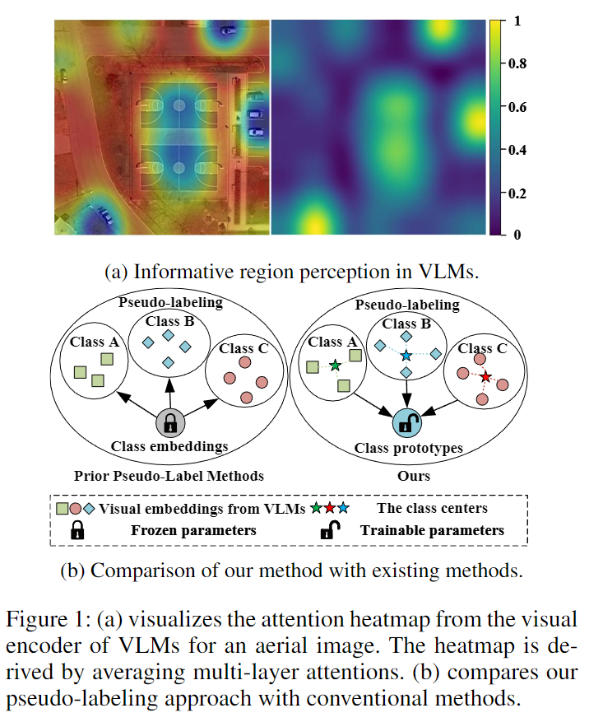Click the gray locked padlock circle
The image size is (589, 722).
[170, 423]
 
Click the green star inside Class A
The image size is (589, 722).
[334, 366]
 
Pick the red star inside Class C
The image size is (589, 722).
[485, 376]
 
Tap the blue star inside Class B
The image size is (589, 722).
[406, 354]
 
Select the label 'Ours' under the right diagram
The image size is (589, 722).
[409, 475]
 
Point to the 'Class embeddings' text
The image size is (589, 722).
[170, 448]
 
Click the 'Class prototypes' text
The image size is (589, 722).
[409, 448]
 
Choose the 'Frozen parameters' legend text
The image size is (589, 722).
[193, 530]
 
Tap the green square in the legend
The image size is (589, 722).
[63, 509]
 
